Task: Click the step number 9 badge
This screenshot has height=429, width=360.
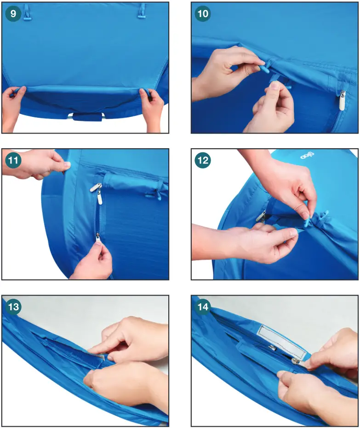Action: click(13, 14)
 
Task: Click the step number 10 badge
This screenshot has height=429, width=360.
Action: click(202, 14)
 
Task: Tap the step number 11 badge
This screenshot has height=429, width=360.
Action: click(14, 161)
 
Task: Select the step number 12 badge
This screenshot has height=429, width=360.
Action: click(202, 161)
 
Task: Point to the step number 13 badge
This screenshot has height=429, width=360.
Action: click(14, 307)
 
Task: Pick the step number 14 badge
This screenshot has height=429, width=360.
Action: click(202, 307)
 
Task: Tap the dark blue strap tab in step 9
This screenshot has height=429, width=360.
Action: click(87, 116)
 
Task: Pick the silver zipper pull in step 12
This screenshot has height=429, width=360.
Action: click(262, 216)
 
